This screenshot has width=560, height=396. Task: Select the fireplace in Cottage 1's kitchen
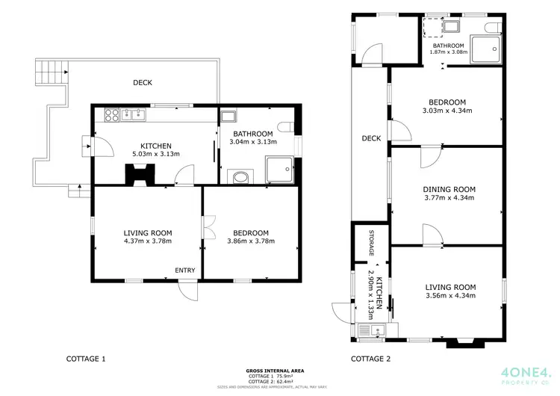pos(137,174)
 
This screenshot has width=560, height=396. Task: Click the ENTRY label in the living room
pos(185,270)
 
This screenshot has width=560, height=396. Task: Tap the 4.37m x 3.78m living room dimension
pos(147,241)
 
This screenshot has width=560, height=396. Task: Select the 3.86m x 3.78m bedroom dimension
pos(251,241)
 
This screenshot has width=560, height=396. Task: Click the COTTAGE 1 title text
pos(86,359)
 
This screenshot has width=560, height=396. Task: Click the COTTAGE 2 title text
pos(371,359)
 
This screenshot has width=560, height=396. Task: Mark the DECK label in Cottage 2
pos(371,138)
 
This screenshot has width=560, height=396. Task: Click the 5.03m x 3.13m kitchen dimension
pos(157,154)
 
